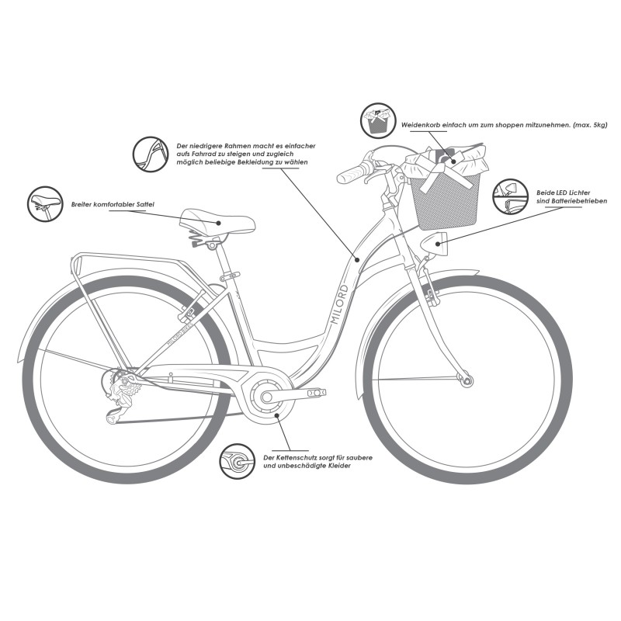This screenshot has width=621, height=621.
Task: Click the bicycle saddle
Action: [217, 222]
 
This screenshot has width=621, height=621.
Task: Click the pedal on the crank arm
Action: [314, 394]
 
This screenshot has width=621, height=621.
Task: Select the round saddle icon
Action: [44, 203]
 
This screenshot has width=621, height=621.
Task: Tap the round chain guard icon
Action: [238, 463]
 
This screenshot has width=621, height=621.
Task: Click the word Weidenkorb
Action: [422, 125]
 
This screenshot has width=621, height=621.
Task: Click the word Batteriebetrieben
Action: [563, 200]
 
